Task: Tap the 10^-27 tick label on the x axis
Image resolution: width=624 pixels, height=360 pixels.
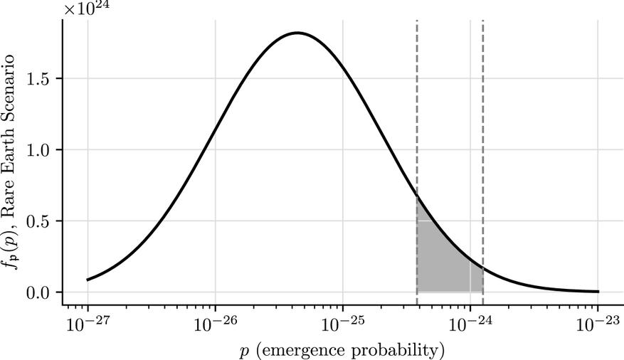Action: coord(88,324)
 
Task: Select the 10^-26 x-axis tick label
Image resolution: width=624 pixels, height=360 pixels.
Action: coord(216,324)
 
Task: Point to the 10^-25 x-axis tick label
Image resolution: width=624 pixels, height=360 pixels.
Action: coord(343,324)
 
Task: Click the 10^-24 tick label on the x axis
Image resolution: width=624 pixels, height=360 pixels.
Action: coord(470,324)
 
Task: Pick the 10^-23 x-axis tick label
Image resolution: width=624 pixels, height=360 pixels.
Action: coord(598,324)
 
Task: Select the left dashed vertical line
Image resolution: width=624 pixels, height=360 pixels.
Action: coord(416,107)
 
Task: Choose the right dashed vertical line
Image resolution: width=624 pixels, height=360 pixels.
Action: coord(483,107)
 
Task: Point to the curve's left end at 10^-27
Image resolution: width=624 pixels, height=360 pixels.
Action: coord(88,280)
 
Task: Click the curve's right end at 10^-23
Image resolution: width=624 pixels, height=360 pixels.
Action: coord(598,291)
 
